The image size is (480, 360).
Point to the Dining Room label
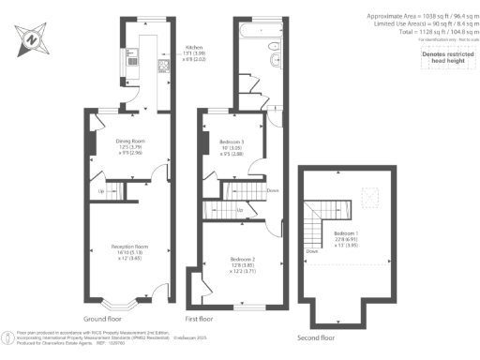(x=130, y=143)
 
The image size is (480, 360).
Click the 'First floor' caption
(x=204, y=319)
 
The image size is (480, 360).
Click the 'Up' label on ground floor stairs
(x=102, y=193)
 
